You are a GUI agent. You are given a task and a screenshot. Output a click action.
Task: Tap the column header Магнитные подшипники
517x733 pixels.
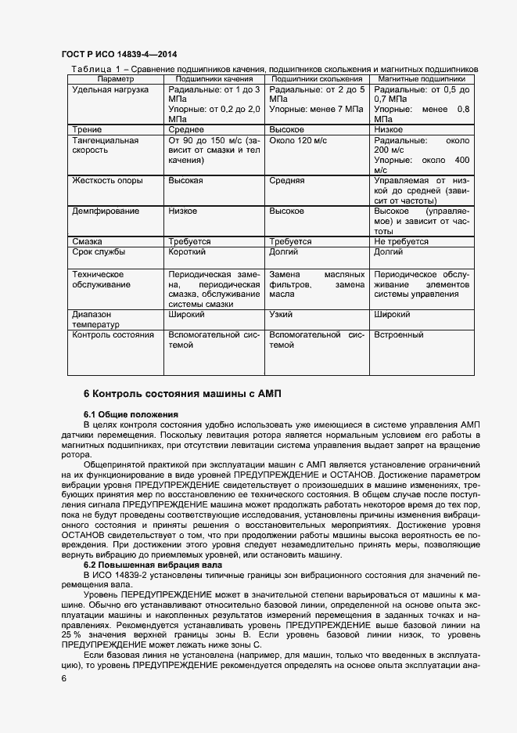pyautogui.click(x=422, y=79)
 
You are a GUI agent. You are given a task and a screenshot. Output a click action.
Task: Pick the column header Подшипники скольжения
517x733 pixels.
pyautogui.click(x=316, y=79)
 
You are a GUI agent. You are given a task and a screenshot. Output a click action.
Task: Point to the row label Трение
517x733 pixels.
pyautogui.click(x=87, y=129)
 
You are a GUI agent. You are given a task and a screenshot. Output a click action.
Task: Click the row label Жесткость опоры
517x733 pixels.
pyautogui.click(x=107, y=180)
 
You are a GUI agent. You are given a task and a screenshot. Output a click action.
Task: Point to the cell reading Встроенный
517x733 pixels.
pyautogui.click(x=399, y=334)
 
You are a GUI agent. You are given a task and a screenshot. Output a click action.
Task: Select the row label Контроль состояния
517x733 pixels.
pyautogui.click(x=113, y=334)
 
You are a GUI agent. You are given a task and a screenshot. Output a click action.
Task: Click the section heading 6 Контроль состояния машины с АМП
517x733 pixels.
pyautogui.click(x=181, y=392)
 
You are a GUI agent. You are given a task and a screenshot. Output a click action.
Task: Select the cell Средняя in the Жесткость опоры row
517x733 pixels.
pyautogui.click(x=287, y=180)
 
